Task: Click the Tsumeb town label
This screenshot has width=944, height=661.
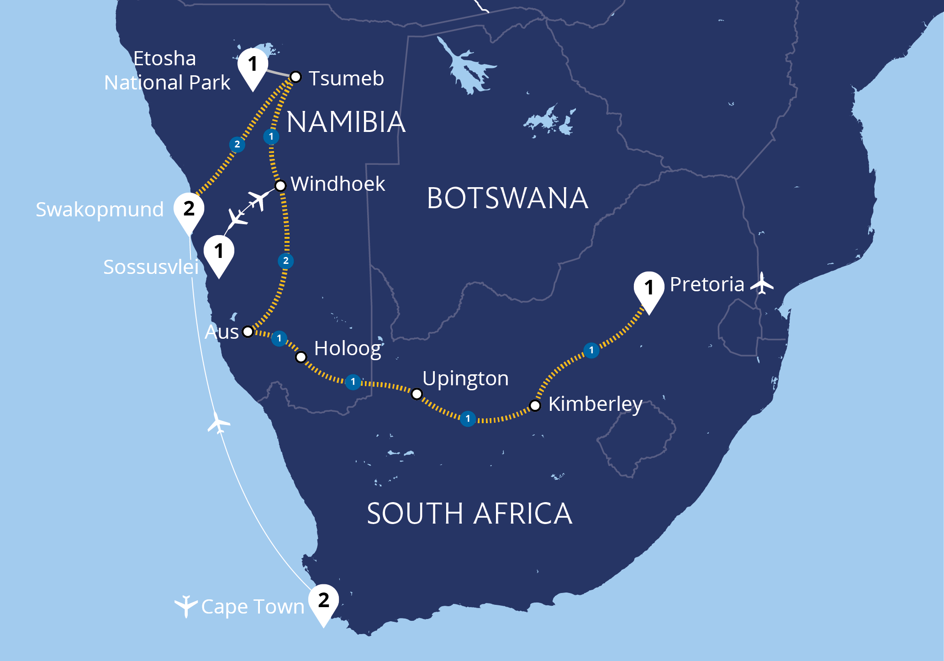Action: [x=346, y=79]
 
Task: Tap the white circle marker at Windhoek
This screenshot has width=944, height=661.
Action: [x=280, y=186]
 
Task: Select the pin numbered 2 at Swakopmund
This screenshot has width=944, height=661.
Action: [x=189, y=209]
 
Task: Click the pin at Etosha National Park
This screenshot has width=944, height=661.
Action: [x=253, y=65]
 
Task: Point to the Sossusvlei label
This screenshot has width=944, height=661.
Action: [x=151, y=267]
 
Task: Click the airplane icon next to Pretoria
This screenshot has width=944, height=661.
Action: [x=762, y=283]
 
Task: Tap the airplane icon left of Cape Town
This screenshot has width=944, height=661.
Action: [x=185, y=606]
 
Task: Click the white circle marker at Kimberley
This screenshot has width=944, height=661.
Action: [x=535, y=405]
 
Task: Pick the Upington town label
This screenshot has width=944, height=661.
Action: [x=465, y=378]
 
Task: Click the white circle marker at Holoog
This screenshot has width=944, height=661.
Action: [x=301, y=357]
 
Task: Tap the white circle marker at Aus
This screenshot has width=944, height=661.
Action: [x=248, y=331]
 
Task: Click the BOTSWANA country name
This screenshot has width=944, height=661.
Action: [x=507, y=199]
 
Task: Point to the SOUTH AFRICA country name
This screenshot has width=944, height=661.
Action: [x=469, y=514]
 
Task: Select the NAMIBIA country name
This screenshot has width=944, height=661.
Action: [x=346, y=122]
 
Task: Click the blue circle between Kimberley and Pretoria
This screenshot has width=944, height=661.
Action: [x=591, y=351]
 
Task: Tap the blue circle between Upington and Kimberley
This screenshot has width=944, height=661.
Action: [x=468, y=419]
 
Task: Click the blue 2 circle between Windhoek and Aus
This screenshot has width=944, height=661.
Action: [x=286, y=261]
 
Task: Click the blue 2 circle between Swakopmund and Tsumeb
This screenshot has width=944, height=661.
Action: [x=237, y=145]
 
